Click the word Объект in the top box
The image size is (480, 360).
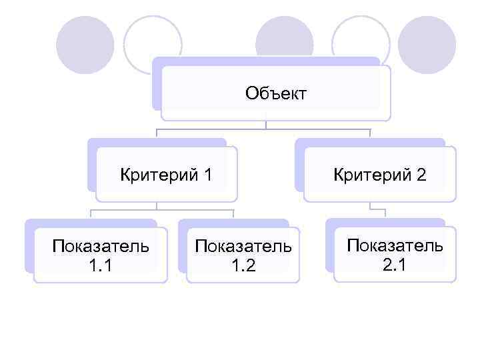coord(275,93)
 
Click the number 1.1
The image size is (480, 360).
coord(100,265)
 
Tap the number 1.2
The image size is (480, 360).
coord(243,265)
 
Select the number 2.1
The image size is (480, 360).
coord(395,264)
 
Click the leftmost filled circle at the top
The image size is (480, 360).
coord(85,45)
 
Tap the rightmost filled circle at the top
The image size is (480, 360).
coord(427,45)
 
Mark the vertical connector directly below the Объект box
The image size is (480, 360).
coord(265,123)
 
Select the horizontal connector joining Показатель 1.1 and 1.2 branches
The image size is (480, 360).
coord(161,211)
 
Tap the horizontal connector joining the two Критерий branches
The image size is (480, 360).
coord(263,129)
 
